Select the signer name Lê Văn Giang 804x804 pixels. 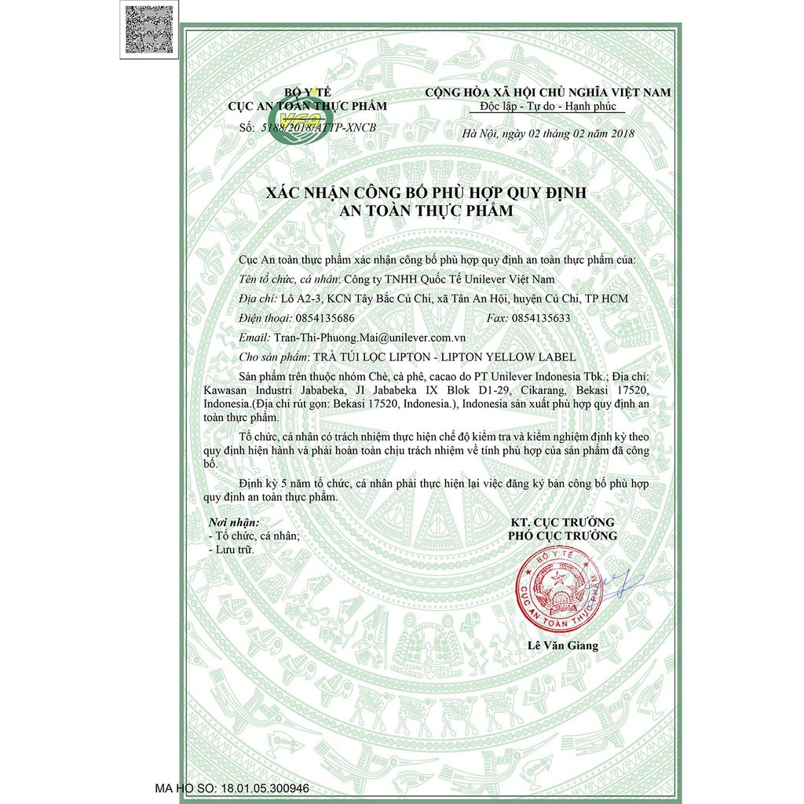tap(562, 646)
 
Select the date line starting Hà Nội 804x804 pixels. tap(548, 133)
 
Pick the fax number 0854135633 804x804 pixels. tap(540, 318)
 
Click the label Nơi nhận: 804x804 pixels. tap(232, 522)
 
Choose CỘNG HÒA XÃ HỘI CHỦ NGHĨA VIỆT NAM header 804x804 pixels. tap(547, 92)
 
